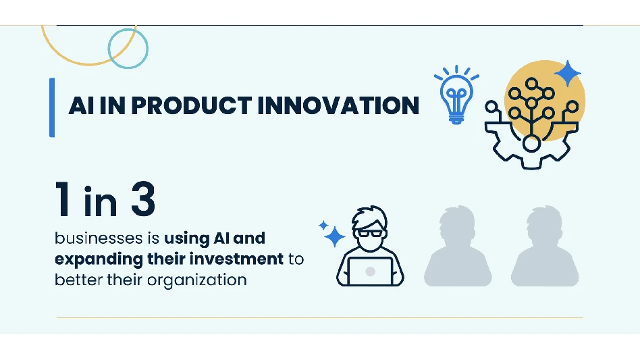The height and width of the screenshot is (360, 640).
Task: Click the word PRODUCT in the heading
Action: [x=191, y=105]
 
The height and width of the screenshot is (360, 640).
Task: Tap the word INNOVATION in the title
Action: [x=338, y=105]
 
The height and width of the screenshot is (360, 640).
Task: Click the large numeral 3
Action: [x=143, y=199]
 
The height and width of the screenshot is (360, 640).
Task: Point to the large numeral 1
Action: [x=63, y=199]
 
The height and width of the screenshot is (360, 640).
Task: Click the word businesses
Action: [x=99, y=238]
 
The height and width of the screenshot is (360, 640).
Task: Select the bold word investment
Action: [x=236, y=259]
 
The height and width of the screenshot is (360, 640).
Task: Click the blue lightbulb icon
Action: [x=456, y=95]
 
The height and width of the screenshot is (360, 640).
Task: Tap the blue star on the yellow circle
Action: [x=567, y=74]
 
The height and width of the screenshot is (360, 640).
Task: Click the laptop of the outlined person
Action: [x=370, y=271]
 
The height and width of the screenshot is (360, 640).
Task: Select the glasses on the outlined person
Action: [x=371, y=234]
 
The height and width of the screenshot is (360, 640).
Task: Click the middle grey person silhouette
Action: [x=458, y=246]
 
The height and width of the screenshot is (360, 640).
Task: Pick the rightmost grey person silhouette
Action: [x=545, y=246]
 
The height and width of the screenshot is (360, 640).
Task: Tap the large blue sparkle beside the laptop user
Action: [x=335, y=236]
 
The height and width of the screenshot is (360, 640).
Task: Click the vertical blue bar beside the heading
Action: [x=52, y=107]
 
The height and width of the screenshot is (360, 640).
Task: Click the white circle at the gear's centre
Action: [x=531, y=144]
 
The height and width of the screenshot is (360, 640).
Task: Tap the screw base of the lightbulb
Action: [x=456, y=119]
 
